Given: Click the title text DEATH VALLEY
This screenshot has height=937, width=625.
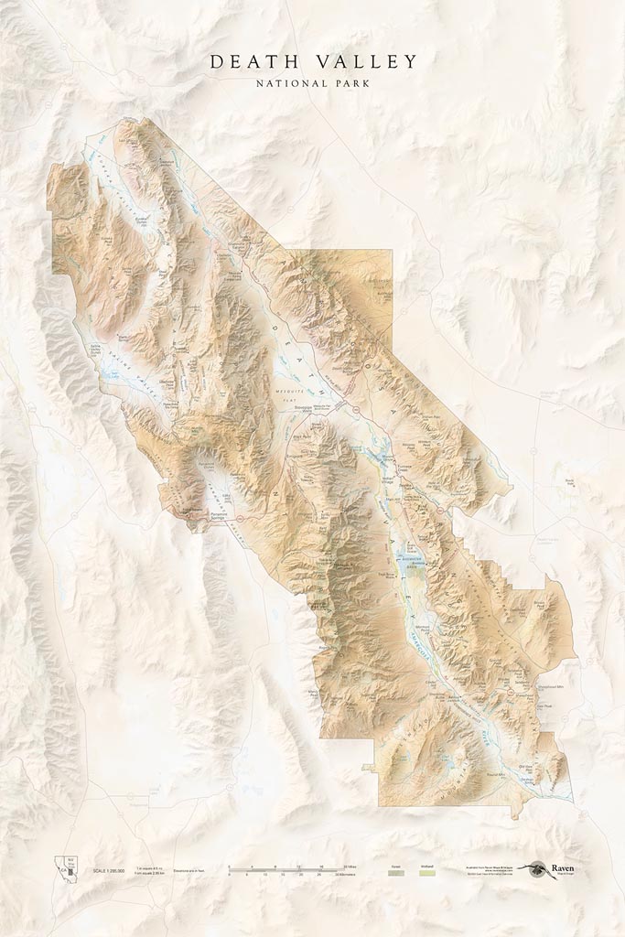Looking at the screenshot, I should (313, 62).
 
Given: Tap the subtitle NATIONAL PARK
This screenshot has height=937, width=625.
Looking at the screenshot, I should (313, 83).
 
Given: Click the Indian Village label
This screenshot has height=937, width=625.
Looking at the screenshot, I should (387, 478).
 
